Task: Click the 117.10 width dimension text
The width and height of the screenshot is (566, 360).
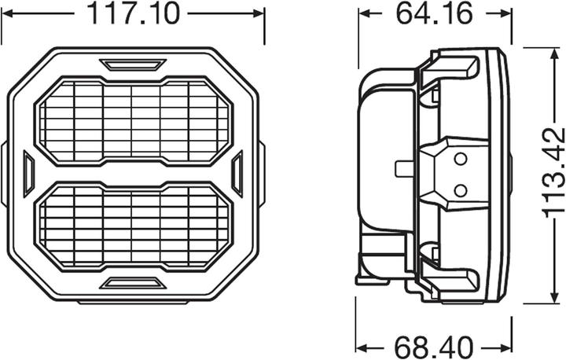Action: (x=133, y=13)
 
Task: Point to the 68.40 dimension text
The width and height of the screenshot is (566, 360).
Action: (x=434, y=346)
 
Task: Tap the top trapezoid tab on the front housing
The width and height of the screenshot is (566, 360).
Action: (x=133, y=64)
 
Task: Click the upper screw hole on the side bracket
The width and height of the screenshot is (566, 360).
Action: (x=460, y=160)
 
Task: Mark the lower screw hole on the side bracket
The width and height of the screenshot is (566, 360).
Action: (x=460, y=189)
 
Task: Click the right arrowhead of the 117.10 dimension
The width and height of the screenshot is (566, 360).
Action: (x=259, y=13)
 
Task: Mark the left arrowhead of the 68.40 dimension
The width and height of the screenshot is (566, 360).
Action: (x=362, y=346)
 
